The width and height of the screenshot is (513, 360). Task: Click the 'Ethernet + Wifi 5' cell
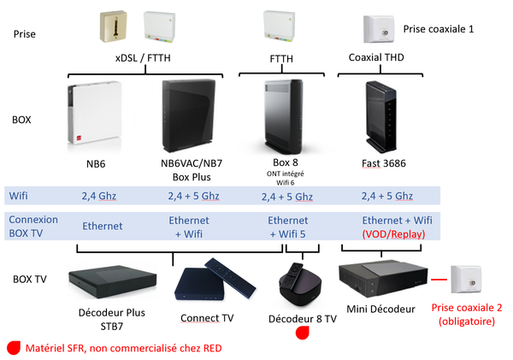point(287,226)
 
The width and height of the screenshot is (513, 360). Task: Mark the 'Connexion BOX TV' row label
point(32,226)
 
